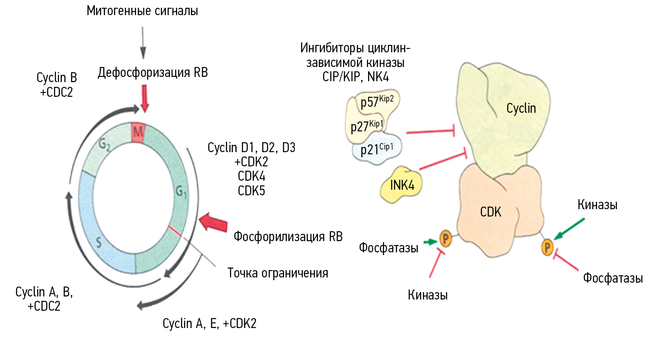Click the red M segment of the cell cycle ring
(138, 132)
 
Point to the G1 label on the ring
(181, 191)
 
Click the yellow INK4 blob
(402, 185)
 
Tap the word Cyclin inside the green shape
(521, 108)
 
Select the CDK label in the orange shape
(491, 212)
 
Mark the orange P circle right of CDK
(547, 247)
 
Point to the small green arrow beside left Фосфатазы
(430, 242)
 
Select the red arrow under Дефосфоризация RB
(145, 99)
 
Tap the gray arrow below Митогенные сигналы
(143, 42)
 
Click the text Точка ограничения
(278, 273)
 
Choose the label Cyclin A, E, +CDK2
(210, 323)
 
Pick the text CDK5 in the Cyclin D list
(251, 191)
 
